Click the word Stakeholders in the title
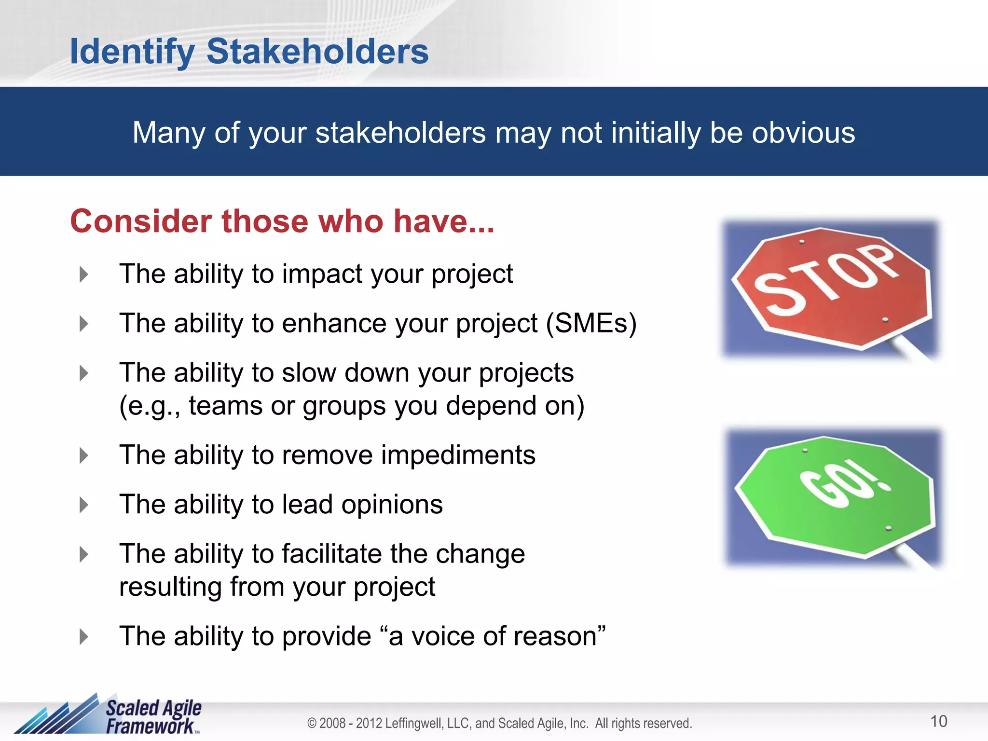coord(317,51)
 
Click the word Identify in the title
coord(132,52)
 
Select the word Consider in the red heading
coord(141,221)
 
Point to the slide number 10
coord(938,721)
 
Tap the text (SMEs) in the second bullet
coord(591,323)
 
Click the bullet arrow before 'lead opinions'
coord(84,505)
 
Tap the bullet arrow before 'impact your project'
coord(84,274)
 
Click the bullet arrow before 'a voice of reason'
coord(84,637)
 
